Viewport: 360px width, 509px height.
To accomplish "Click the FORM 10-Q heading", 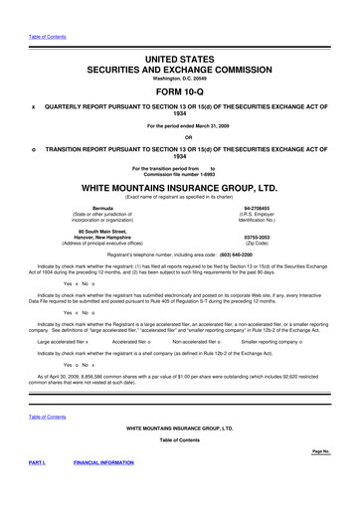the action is (x=180, y=90).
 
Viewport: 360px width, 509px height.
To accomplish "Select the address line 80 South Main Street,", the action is (x=92, y=231).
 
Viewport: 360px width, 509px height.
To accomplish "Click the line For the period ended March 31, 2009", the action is (x=180, y=125).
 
